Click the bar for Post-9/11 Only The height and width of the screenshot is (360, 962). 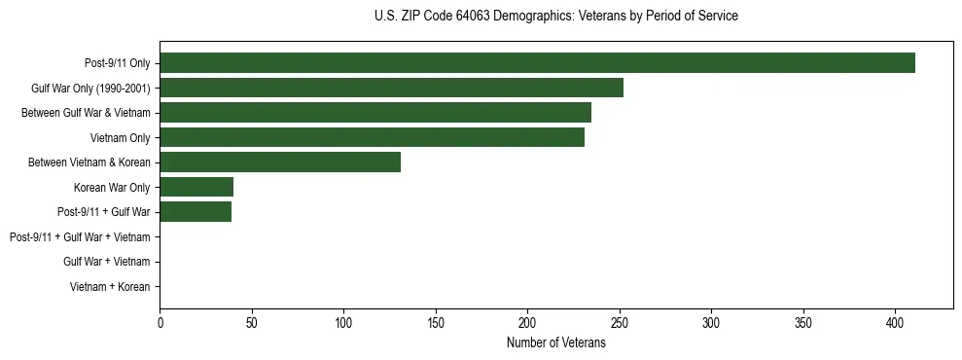point(537,63)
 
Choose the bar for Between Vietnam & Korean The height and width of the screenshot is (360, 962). point(280,162)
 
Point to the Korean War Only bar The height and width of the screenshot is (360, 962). point(196,187)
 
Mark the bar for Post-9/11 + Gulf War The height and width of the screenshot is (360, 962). point(196,212)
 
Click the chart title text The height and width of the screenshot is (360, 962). point(555,16)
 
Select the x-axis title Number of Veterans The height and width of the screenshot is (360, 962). point(555,343)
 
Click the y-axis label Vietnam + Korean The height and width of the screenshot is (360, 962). point(109,287)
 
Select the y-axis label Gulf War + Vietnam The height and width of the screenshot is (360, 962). point(106,262)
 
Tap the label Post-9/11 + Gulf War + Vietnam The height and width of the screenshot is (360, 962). point(80,237)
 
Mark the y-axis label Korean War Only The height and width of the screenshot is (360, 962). point(111,187)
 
